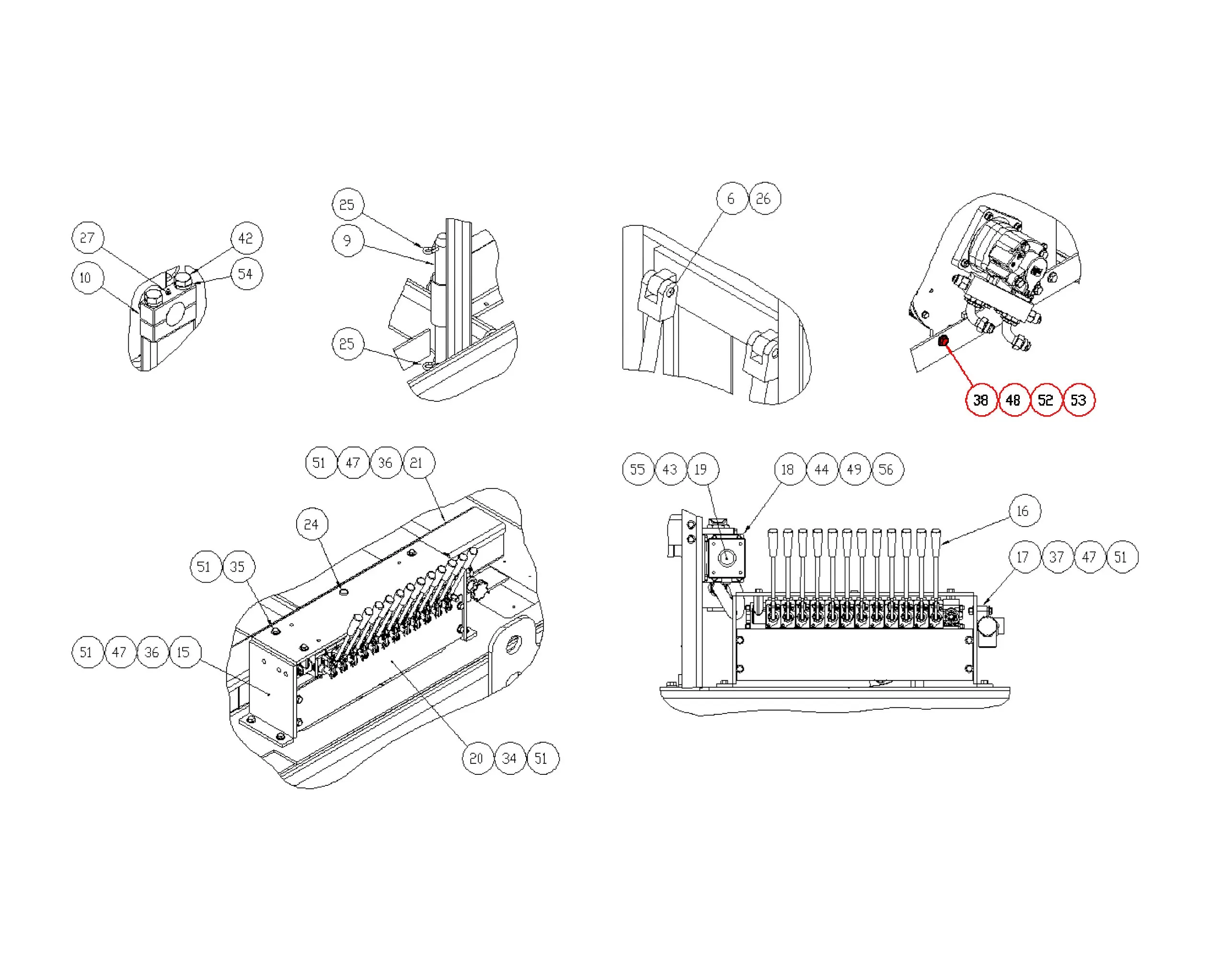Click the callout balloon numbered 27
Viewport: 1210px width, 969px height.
pos(88,237)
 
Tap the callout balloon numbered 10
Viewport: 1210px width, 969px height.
pos(88,277)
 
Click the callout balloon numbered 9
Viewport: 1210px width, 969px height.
pos(348,241)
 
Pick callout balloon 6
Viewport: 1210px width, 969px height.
pos(732,198)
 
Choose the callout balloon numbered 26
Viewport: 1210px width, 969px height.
pos(764,198)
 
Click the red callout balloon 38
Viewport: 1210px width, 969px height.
pos(981,400)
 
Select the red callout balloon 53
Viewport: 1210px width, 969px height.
pos(1079,400)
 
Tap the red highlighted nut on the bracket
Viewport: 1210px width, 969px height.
pos(944,340)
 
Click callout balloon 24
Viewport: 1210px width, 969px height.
pos(312,525)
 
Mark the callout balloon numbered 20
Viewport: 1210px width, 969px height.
pos(478,759)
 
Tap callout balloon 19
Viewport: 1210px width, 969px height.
pos(703,469)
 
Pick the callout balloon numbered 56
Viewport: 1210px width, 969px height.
pos(887,469)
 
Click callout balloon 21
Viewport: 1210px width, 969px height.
pos(418,463)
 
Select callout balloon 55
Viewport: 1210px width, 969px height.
pos(639,469)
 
